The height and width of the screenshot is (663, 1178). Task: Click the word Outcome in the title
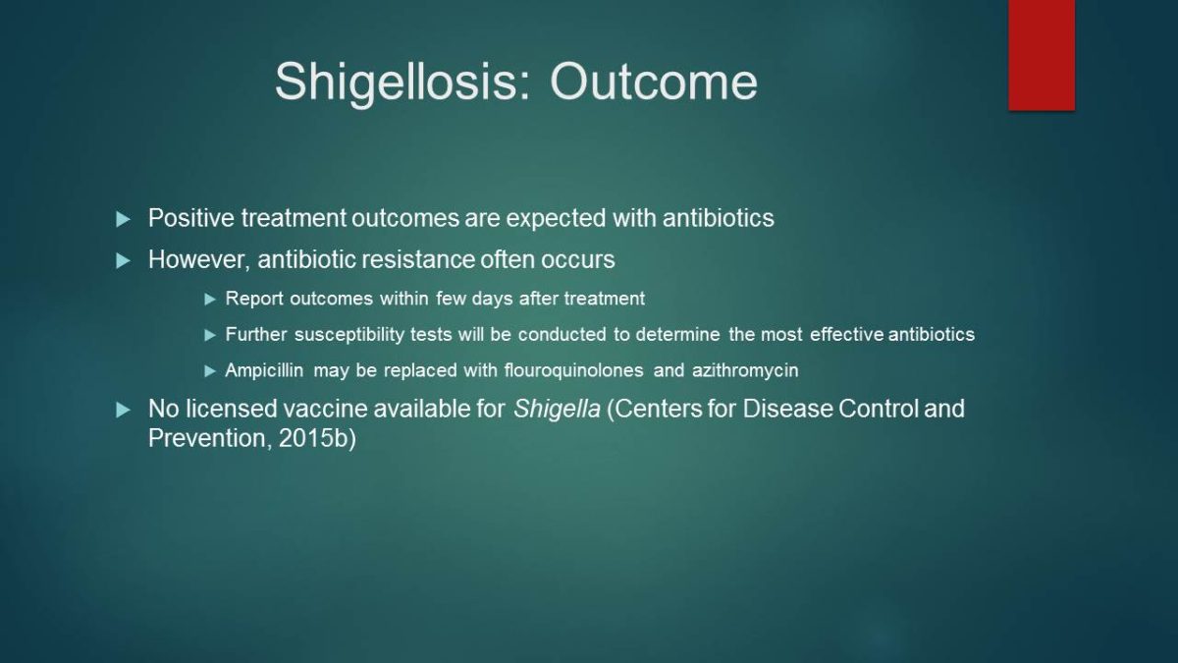(654, 83)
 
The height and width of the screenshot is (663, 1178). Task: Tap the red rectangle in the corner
(1042, 55)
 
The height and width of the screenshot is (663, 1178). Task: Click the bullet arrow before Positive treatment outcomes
(123, 219)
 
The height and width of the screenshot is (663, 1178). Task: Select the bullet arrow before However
(123, 260)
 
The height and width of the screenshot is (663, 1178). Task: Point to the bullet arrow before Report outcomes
(210, 300)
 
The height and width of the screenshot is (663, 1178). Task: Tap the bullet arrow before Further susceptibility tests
(210, 335)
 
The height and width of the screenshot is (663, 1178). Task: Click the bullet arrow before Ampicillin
(210, 371)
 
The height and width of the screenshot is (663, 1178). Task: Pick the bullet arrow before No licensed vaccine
(123, 410)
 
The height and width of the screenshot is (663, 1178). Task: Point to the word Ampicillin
(264, 371)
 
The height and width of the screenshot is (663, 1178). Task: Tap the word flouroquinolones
(573, 371)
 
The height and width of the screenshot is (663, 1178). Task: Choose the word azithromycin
(745, 371)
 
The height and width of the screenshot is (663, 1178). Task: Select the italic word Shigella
(557, 410)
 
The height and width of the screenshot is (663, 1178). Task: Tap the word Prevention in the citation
(210, 439)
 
